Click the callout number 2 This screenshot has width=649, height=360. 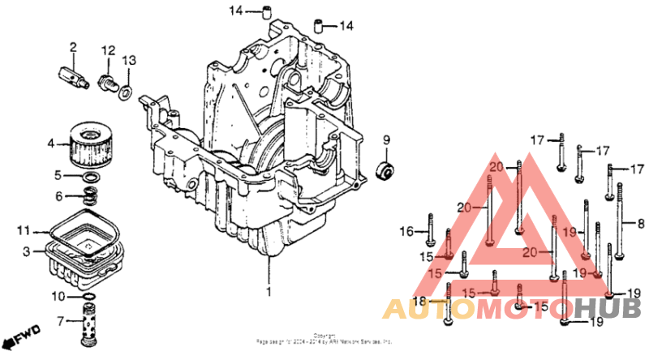pyautogui.click(x=72, y=47)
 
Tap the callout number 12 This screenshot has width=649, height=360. pyautogui.click(x=108, y=51)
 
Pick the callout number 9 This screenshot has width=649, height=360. pyautogui.click(x=386, y=139)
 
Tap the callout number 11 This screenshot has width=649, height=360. pyautogui.click(x=24, y=231)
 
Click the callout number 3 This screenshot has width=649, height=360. pyautogui.click(x=26, y=252)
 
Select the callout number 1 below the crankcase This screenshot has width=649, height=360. pyautogui.click(x=268, y=289)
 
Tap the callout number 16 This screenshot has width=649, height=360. pyautogui.click(x=406, y=233)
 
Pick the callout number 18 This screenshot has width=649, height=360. pyautogui.click(x=419, y=302)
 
